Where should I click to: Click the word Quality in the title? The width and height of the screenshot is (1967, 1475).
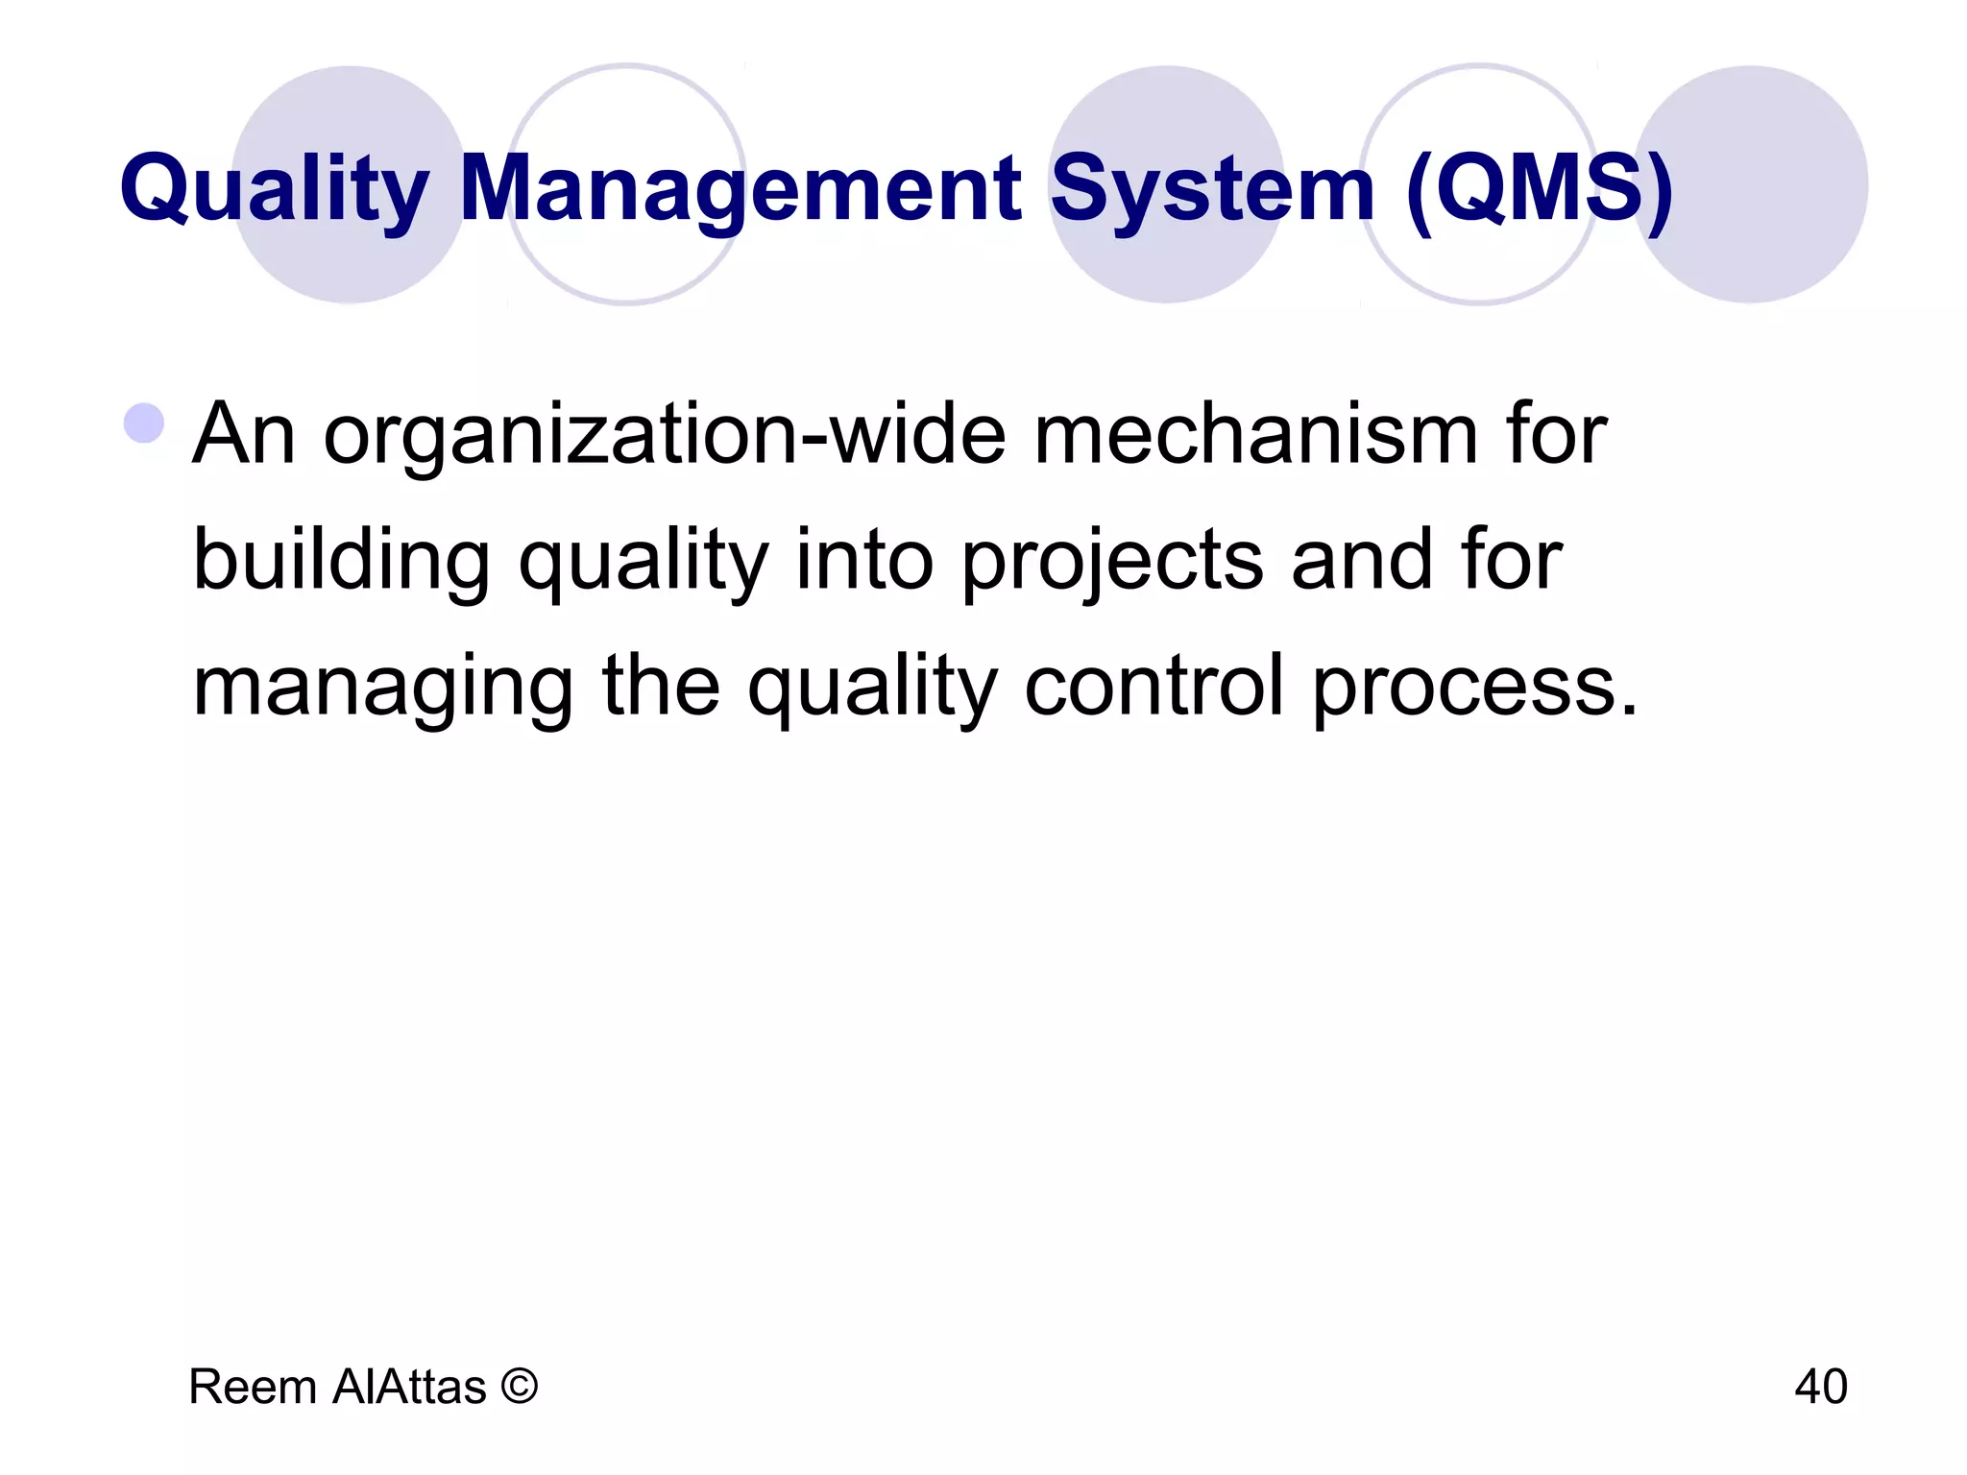click(x=274, y=188)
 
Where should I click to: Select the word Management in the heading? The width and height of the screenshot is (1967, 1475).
click(x=740, y=188)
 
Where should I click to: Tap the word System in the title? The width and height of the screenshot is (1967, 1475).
click(x=1212, y=188)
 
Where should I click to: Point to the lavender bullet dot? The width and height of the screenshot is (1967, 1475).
click(x=145, y=423)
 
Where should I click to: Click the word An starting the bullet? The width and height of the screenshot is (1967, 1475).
click(x=244, y=434)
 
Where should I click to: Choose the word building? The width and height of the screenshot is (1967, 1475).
click(x=342, y=561)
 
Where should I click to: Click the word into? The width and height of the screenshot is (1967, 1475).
click(x=864, y=561)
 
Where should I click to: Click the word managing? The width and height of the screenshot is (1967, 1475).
click(x=383, y=688)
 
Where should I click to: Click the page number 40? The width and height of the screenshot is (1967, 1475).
click(x=1820, y=1387)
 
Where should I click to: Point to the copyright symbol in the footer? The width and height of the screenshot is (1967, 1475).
click(x=520, y=1387)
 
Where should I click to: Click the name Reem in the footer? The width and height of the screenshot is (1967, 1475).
click(x=253, y=1387)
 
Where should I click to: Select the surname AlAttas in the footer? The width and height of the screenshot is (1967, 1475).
click(x=410, y=1387)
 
